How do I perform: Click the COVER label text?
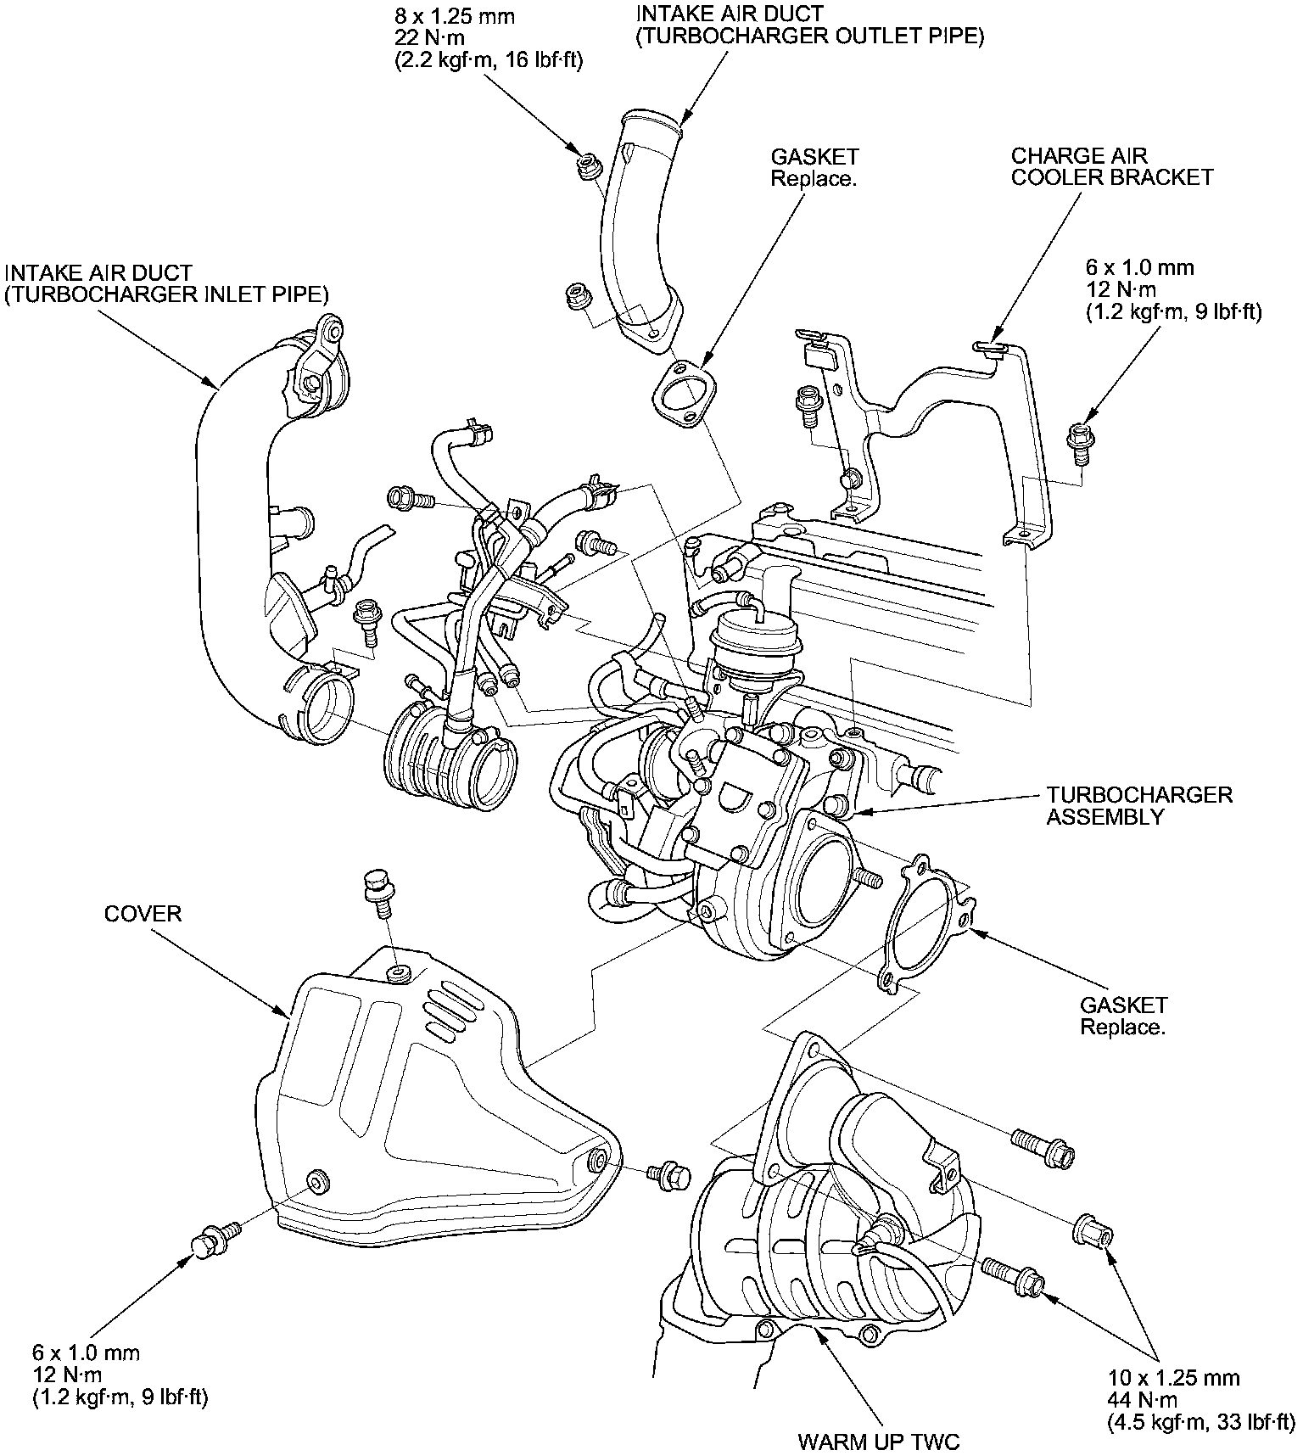143,914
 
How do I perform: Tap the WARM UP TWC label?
879,1441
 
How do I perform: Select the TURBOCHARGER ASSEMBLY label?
1139,806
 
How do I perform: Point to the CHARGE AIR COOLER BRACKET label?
1112,166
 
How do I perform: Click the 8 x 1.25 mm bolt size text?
455,16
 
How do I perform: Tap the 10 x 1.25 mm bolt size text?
1174,1379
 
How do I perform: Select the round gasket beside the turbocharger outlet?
925,923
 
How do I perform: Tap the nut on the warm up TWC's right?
1094,1229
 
